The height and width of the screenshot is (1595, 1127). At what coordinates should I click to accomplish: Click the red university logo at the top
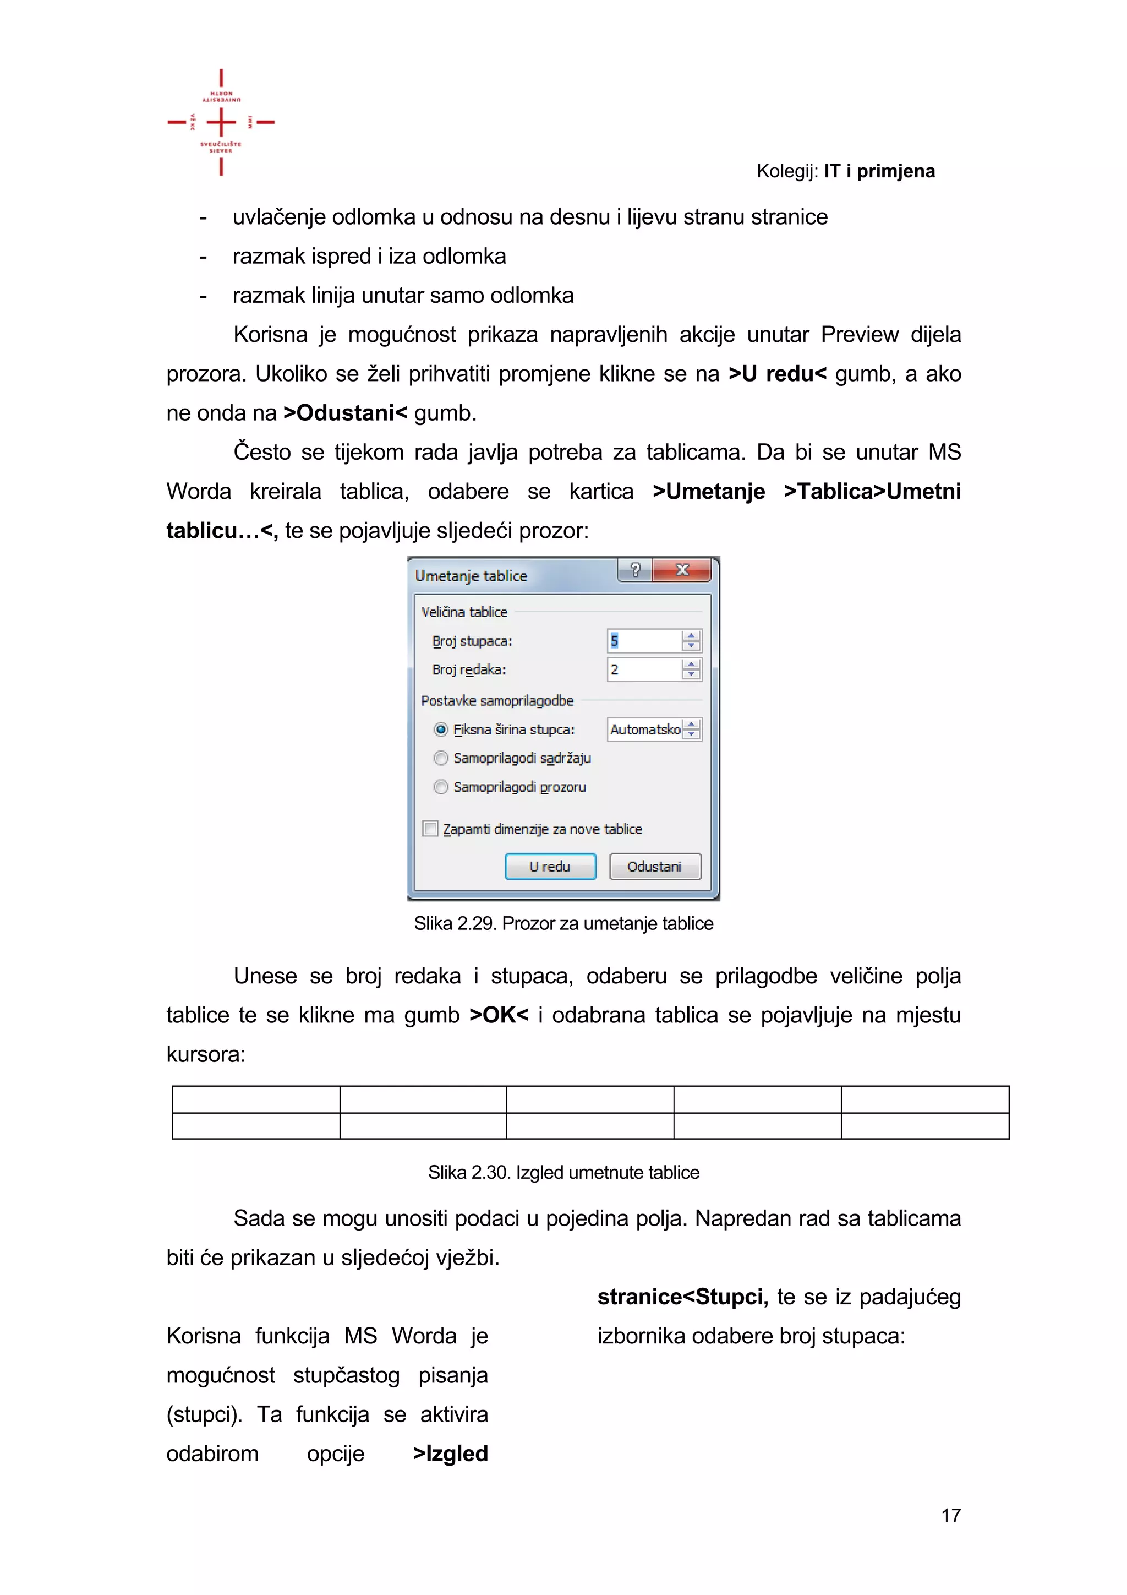[x=221, y=122]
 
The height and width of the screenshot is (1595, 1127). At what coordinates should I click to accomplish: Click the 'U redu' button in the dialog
[x=550, y=866]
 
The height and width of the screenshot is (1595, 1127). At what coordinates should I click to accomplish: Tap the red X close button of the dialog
[x=682, y=570]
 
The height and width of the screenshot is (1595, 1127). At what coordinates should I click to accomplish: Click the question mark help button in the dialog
[x=634, y=570]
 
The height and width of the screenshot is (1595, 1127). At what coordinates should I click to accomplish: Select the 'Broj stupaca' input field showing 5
[x=644, y=640]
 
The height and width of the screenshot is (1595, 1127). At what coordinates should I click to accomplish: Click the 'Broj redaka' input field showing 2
[x=644, y=669]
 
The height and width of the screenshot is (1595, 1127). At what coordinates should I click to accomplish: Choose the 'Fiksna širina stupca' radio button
[x=441, y=730]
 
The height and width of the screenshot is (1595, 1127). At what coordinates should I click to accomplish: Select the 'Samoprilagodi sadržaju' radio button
[x=441, y=758]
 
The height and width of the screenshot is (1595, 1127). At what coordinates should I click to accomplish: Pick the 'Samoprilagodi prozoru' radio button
[x=441, y=787]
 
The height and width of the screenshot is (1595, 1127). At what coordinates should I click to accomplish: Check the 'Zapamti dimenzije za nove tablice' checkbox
[x=430, y=829]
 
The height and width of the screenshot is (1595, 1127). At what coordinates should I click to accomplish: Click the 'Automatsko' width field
[x=644, y=730]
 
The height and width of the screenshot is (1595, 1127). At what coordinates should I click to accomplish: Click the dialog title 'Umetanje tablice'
[x=471, y=576]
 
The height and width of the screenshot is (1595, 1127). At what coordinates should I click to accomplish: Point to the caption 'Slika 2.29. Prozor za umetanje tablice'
[x=563, y=923]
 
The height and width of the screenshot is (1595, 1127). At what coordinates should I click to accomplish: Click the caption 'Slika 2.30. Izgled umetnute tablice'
[x=563, y=1173]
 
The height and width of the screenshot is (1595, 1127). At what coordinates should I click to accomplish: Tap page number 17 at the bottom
[x=950, y=1515]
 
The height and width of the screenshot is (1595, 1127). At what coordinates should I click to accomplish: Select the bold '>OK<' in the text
[x=499, y=1015]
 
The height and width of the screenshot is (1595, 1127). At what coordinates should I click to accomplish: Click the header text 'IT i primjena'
[x=879, y=171]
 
